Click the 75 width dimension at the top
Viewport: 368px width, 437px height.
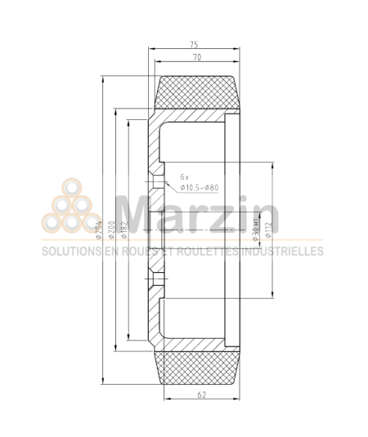coord(194,45)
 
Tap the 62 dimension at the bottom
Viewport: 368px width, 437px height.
coord(201,395)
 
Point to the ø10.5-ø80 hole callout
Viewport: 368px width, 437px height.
coord(200,188)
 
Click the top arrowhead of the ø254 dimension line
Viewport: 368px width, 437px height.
coord(102,78)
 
